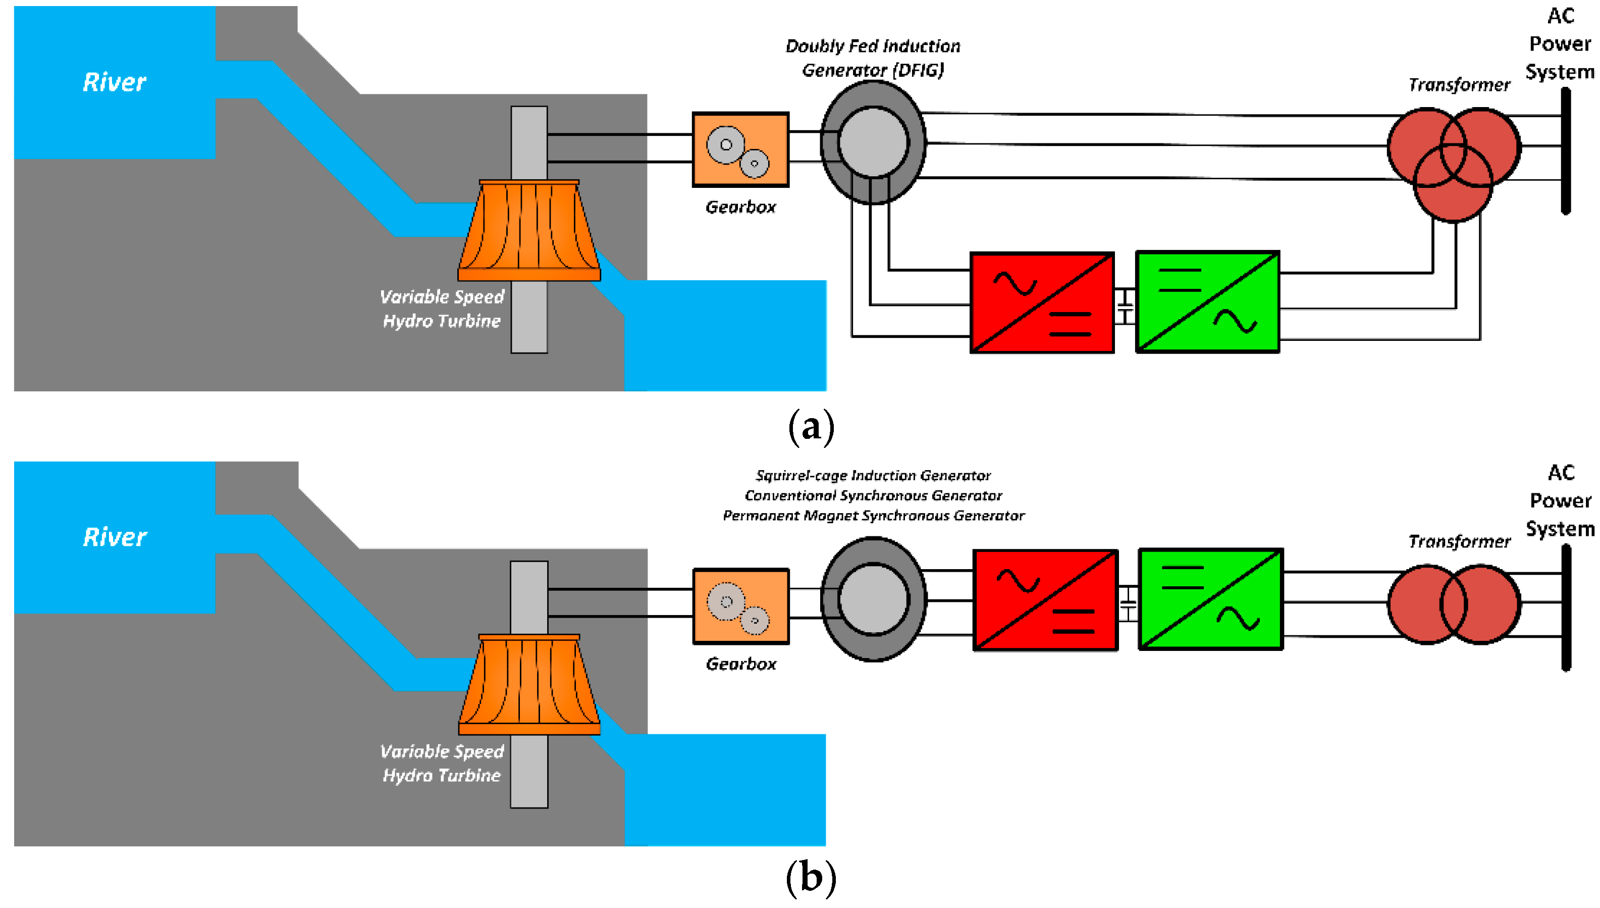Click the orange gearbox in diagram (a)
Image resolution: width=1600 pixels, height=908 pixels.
[x=740, y=149]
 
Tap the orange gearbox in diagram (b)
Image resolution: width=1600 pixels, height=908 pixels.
[x=740, y=606]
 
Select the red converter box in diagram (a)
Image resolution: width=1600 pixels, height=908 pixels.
[x=1042, y=302]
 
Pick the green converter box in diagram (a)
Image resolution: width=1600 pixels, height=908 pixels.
[x=1207, y=302]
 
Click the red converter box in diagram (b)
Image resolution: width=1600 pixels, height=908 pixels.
[x=1045, y=600]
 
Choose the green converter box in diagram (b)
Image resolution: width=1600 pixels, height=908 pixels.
[x=1210, y=599]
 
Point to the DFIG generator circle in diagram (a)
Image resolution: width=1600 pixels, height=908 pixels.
[x=873, y=142]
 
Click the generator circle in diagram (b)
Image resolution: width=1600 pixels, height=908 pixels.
[x=873, y=598]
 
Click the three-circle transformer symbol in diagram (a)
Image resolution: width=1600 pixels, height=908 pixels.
[x=1454, y=164]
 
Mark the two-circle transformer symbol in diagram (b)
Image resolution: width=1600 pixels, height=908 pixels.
[x=1454, y=603]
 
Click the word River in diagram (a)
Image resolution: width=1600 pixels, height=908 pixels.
[x=115, y=82]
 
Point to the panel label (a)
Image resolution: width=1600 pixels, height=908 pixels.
[x=811, y=428]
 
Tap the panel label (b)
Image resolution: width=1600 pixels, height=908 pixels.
[x=811, y=878]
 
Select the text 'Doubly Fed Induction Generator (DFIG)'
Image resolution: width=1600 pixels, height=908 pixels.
[x=873, y=58]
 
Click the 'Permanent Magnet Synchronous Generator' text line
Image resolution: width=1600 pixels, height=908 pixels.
[x=873, y=516]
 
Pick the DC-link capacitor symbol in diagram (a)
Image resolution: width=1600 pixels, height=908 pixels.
[x=1125, y=306]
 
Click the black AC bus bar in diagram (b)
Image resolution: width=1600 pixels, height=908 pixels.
[x=1566, y=608]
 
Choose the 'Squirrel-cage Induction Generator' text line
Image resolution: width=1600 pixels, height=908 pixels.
[x=873, y=476]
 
